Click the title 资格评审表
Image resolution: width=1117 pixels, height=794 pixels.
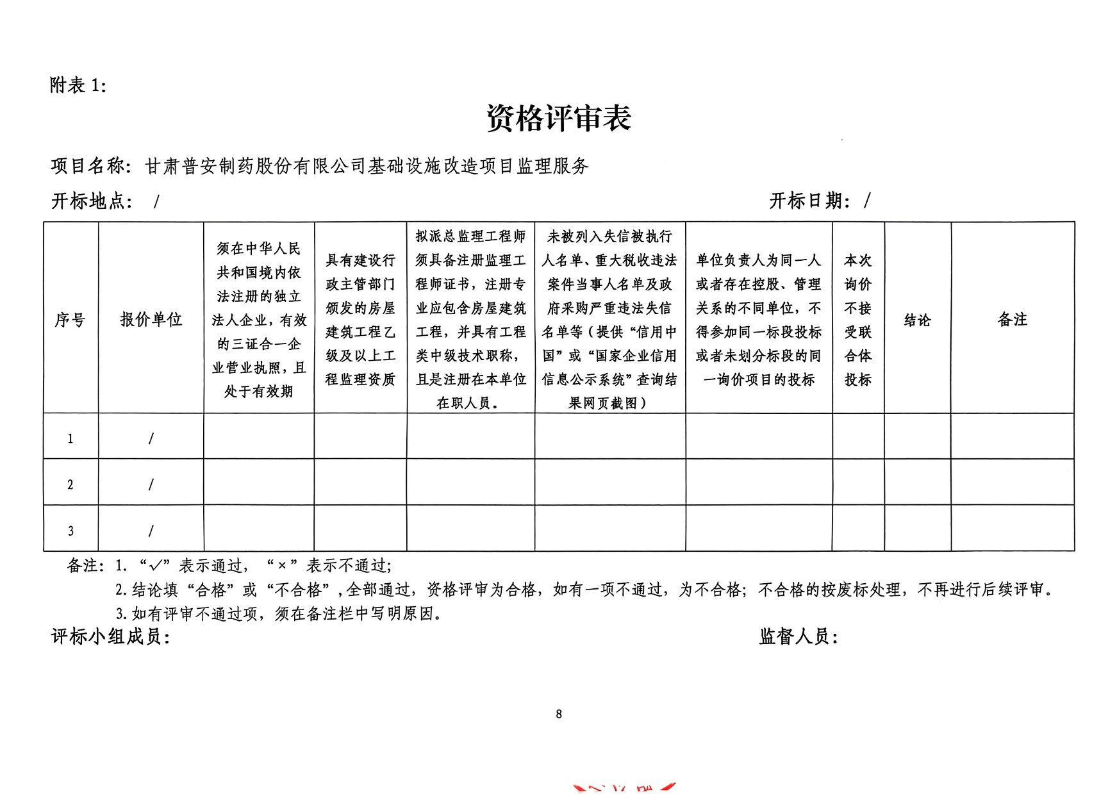coord(559,119)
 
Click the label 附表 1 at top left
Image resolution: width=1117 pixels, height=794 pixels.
coord(78,85)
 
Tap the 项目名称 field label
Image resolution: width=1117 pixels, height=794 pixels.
coord(88,167)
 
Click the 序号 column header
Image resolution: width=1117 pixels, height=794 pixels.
coord(70,319)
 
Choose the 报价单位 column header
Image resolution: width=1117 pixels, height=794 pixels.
coord(151,319)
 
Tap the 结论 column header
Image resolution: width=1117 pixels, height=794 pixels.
coord(917,320)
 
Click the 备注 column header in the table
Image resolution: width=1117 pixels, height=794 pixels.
coord(1013,319)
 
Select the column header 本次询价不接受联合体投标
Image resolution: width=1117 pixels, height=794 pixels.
coord(857,320)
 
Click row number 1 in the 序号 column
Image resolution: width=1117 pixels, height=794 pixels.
coord(70,439)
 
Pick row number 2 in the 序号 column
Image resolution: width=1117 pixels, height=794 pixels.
coord(70,485)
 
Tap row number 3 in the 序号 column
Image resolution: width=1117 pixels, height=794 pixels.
coord(70,531)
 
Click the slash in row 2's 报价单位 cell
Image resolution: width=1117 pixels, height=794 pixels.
coord(151,484)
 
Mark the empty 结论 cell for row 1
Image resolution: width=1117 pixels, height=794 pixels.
coord(917,436)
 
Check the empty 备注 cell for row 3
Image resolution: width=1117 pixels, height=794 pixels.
coord(1013,528)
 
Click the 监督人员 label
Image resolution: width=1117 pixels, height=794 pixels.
coord(798,637)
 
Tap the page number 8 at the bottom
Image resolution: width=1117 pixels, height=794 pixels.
coord(559,714)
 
